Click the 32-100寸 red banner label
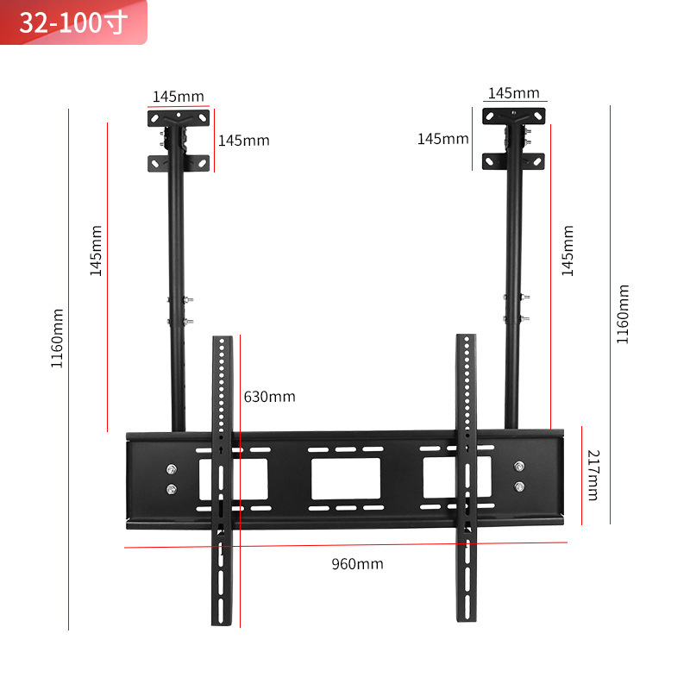pyautogui.click(x=73, y=22)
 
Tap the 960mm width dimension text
pyautogui.click(x=357, y=564)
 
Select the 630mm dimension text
pyautogui.click(x=269, y=397)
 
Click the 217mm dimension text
pyautogui.click(x=593, y=474)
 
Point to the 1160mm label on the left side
pyautogui.click(x=57, y=338)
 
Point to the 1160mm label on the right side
pyautogui.click(x=623, y=315)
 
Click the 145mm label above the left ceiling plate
pyautogui.click(x=179, y=96)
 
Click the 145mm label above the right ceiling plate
pyautogui.click(x=513, y=93)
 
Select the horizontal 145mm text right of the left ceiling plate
pyautogui.click(x=243, y=140)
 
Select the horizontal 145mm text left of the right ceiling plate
pyautogui.click(x=443, y=138)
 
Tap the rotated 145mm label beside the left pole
pyautogui.click(x=96, y=250)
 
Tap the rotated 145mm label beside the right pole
pyautogui.click(x=568, y=250)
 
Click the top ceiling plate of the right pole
pyautogui.click(x=514, y=116)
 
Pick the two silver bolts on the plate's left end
pyautogui.click(x=171, y=480)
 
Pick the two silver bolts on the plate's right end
pyautogui.click(x=518, y=476)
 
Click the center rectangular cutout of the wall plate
pyautogui.click(x=346, y=478)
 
